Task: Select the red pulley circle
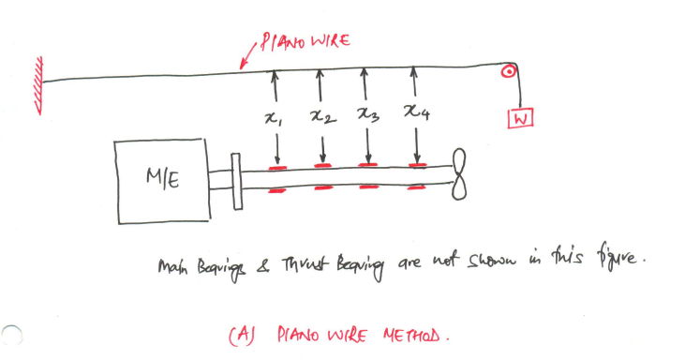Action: pyautogui.click(x=509, y=69)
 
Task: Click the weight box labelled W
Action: pyautogui.click(x=518, y=118)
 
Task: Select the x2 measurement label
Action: pyautogui.click(x=321, y=117)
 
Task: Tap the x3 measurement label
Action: pyautogui.click(x=368, y=114)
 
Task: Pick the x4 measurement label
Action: pyautogui.click(x=415, y=112)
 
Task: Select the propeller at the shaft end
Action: pyautogui.click(x=457, y=175)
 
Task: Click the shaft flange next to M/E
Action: pyautogui.click(x=236, y=180)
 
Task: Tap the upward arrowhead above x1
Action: pyautogui.click(x=275, y=74)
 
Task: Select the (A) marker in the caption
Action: pyautogui.click(x=239, y=334)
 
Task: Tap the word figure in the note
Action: pyautogui.click(x=620, y=256)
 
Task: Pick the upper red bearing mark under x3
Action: pyautogui.click(x=368, y=167)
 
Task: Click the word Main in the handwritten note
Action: pyautogui.click(x=173, y=269)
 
